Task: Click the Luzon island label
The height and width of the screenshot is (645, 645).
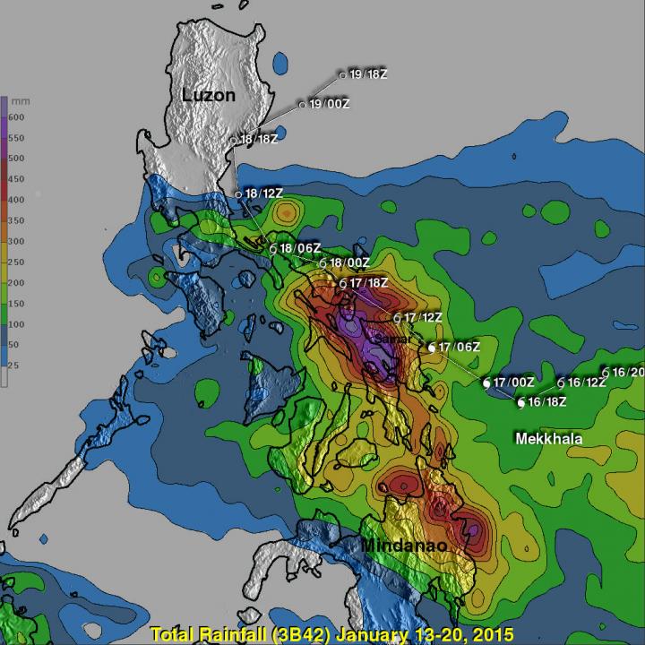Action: point(208,94)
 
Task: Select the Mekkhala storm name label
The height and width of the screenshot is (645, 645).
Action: point(548,439)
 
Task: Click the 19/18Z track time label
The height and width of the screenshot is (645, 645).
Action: point(369,75)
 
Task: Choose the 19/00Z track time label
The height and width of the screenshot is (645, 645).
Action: point(329,105)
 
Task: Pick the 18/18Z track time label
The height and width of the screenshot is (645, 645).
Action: point(259,140)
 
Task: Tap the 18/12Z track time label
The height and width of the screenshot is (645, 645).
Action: point(264,193)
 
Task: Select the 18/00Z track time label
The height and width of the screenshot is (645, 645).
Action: point(348,263)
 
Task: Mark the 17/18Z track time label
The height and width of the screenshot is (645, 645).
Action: point(369,283)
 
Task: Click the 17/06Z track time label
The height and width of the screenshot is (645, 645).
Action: point(460,347)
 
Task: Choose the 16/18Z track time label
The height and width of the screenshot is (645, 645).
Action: point(546,402)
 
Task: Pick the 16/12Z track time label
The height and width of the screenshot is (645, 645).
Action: point(587,383)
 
